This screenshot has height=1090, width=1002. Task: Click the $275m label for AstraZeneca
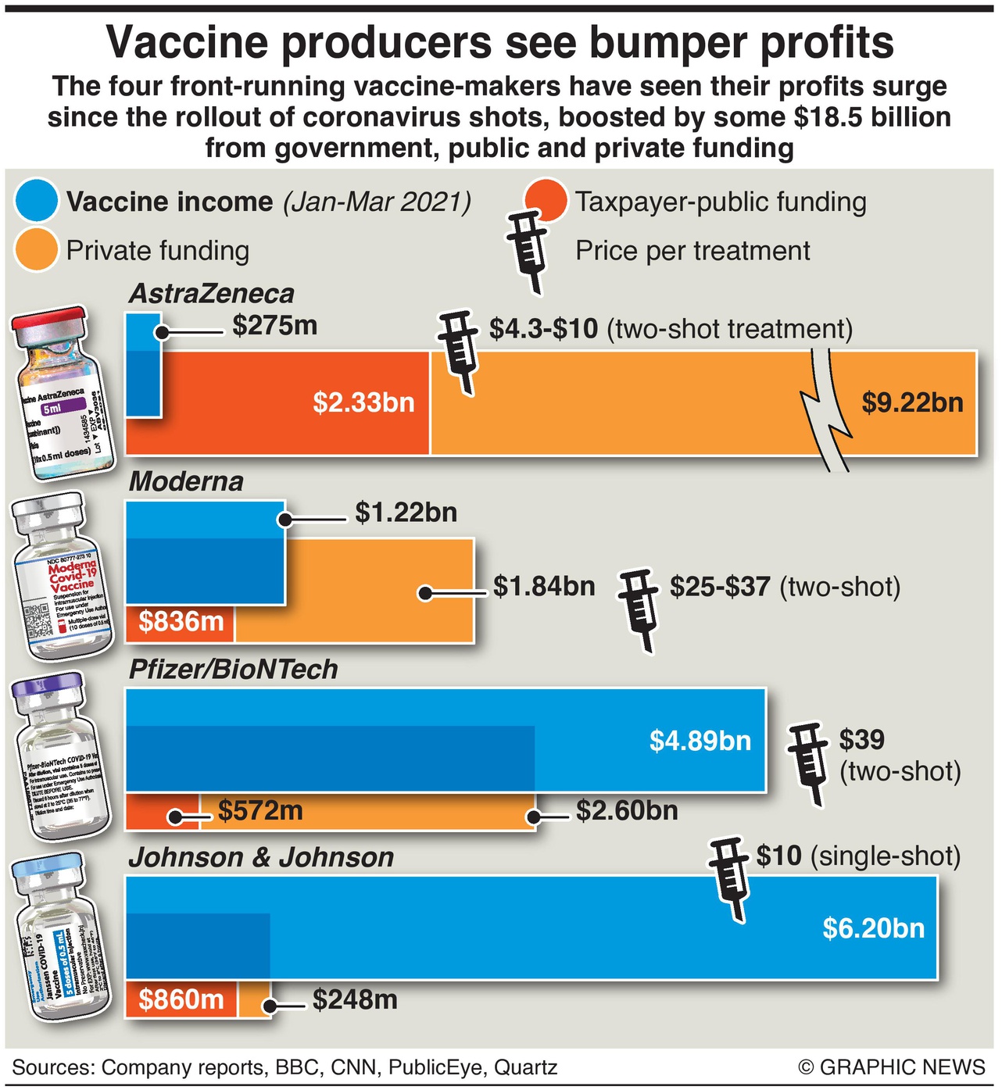274,325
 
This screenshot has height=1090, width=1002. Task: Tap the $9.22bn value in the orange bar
912,402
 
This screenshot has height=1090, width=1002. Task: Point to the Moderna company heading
186,481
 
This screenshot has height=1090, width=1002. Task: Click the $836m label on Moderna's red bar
181,622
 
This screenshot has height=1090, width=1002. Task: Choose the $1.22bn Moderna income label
406,513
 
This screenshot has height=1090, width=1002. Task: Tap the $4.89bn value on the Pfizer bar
700,740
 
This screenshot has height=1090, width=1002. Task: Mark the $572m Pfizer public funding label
260,811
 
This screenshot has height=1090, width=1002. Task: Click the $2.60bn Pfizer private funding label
627,811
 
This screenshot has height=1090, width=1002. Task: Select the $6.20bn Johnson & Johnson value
873,928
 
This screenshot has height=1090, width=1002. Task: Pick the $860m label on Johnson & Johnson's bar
181,999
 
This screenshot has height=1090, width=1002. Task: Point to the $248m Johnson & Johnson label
355,999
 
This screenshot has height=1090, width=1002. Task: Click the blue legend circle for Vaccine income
37,201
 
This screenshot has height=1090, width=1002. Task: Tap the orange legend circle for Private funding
37,250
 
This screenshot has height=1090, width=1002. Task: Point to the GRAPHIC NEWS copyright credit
892,1067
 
